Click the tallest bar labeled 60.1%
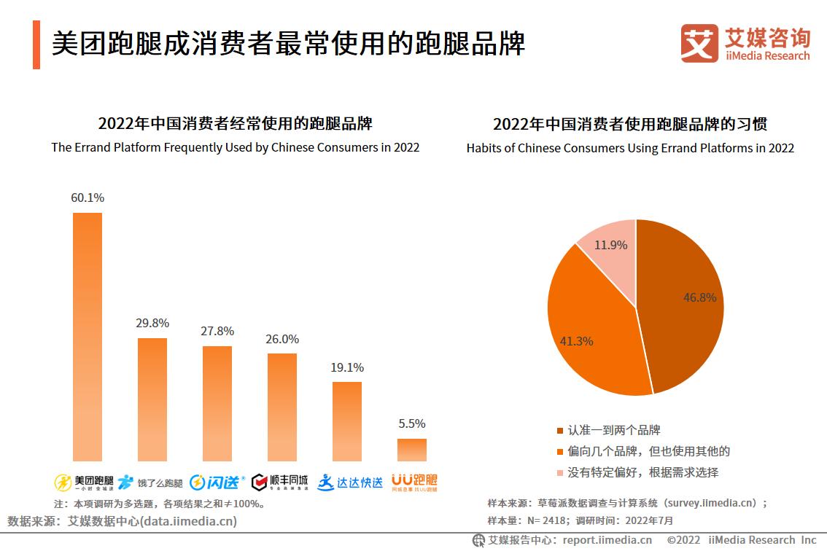(88, 337)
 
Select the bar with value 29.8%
(152, 399)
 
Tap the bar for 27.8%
(217, 403)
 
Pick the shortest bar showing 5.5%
(412, 450)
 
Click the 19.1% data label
(347, 368)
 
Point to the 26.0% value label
(282, 340)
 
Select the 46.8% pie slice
(686, 306)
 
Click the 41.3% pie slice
(591, 328)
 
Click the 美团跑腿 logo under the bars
(84, 482)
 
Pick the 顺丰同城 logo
(279, 482)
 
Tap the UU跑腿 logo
(414, 482)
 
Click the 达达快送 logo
(350, 482)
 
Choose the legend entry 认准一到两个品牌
(614, 430)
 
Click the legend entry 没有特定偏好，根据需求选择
(642, 472)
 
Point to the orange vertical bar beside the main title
(36, 45)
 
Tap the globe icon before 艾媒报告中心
(478, 540)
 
